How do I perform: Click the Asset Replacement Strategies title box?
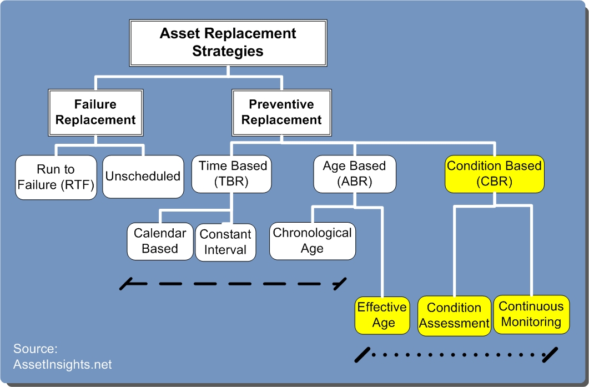point(228,43)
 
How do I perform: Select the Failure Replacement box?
point(95,112)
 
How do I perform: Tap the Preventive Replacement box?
point(281,112)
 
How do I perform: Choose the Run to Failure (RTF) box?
point(56,177)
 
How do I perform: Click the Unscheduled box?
point(143,177)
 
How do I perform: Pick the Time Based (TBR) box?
point(231,174)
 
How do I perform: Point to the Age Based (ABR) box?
point(355,174)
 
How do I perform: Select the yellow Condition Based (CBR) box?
point(494,174)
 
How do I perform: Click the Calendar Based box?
point(160,241)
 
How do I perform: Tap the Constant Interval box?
point(225,242)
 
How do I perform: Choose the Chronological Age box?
point(313,241)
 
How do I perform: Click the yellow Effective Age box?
point(382,315)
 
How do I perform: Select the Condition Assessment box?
point(454,315)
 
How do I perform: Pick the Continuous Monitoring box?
point(531,314)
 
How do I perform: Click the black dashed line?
point(233,284)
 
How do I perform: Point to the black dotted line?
point(456,355)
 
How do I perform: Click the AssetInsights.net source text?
point(62,364)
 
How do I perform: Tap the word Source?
point(36,349)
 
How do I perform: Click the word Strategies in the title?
point(228,51)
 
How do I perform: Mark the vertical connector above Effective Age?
point(382,252)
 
